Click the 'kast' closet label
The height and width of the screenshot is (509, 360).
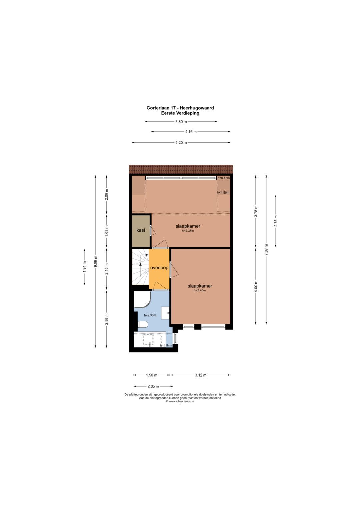pos(141,230)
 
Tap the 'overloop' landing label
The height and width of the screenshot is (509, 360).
pos(159,268)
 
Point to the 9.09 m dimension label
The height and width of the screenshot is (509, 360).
pos(95,262)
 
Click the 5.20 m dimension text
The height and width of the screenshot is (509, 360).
pos(181,143)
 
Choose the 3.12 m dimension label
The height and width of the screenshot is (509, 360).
pos(200,375)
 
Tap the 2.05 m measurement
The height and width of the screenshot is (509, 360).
pos(153,386)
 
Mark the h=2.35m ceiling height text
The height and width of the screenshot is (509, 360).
pos(188,231)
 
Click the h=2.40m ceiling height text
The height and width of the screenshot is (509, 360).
pos(200,290)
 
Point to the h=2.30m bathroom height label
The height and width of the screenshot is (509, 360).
pos(150,315)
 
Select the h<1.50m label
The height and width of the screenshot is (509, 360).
pos(223,192)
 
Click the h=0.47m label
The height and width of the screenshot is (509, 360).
pos(224,178)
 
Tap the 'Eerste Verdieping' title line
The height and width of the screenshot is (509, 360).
pos(180,113)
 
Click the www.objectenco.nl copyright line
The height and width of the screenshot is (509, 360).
pos(180,401)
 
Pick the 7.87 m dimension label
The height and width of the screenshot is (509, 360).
pos(266,250)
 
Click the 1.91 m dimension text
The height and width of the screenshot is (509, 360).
pos(85,267)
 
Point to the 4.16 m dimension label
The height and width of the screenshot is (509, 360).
pos(191,132)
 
